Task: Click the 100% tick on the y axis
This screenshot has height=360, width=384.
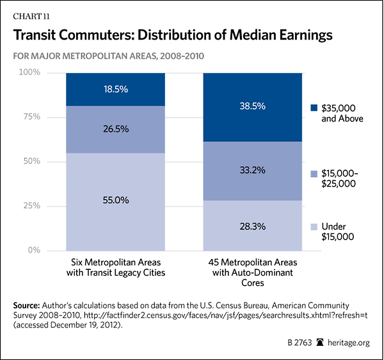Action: pyautogui.click(x=48, y=73)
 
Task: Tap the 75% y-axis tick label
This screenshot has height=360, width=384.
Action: pyautogui.click(x=50, y=117)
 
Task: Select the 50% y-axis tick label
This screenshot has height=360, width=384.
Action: pyautogui.click(x=50, y=162)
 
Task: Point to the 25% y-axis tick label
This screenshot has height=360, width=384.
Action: pyautogui.click(x=50, y=206)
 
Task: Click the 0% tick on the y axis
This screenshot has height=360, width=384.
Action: pyautogui.click(x=52, y=251)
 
